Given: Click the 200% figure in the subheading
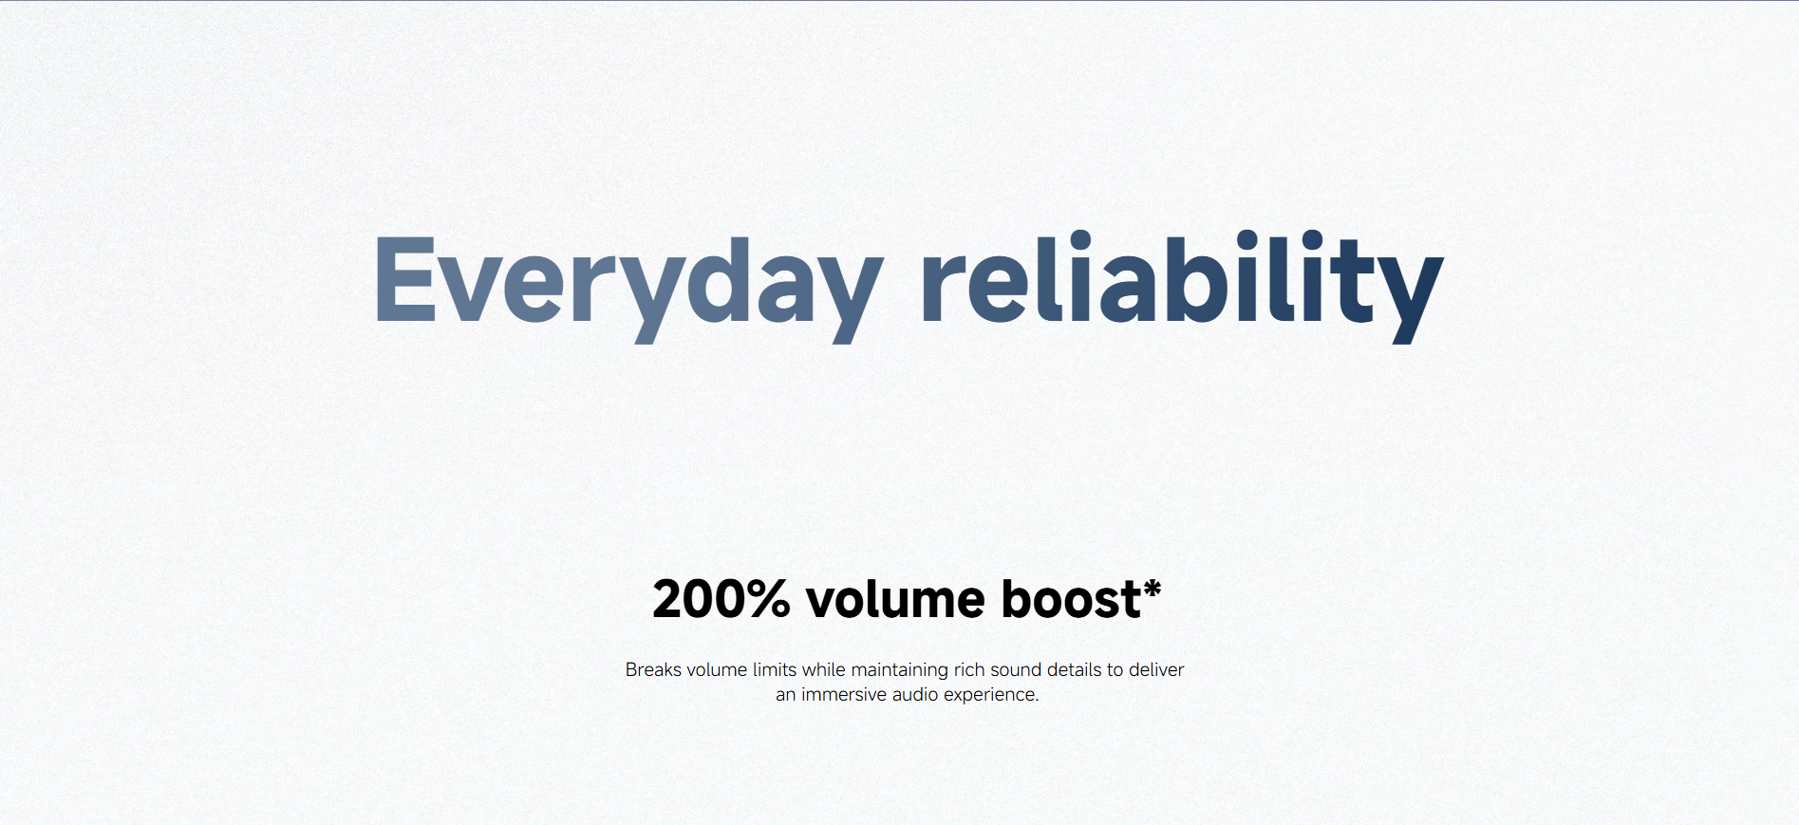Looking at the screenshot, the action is tap(721, 599).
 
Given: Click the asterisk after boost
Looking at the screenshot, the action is tap(1152, 590).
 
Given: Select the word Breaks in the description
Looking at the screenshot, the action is tap(653, 669).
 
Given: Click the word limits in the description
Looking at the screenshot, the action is tap(775, 669).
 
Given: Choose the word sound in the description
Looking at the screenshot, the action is tap(1016, 669).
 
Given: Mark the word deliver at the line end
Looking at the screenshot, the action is tap(1156, 669).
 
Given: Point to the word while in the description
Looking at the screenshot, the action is tap(823, 669).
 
